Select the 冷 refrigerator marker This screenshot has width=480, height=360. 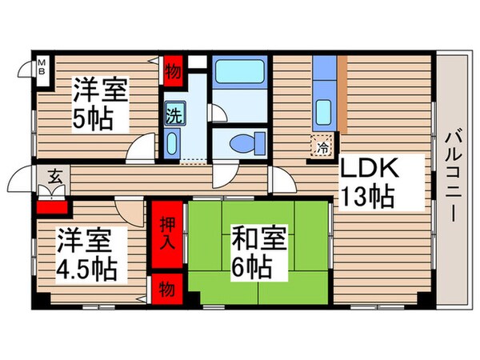coord(320,147)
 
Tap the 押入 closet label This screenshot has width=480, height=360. coord(164,230)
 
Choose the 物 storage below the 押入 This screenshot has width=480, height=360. coord(164,286)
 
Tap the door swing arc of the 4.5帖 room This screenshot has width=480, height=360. coord(128,214)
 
